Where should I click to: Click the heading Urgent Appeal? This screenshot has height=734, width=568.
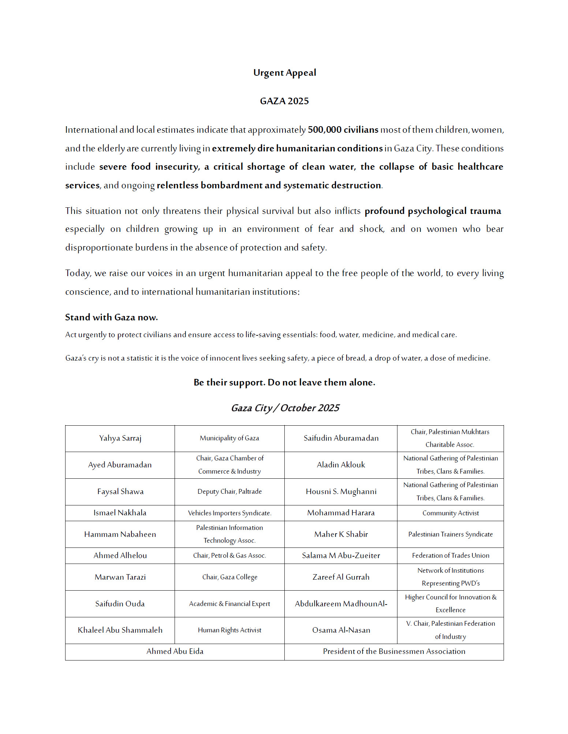[284, 73]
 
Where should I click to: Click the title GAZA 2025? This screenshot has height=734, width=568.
[284, 101]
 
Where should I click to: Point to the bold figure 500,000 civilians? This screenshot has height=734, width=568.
[343, 130]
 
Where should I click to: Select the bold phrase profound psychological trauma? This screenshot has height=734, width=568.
[433, 211]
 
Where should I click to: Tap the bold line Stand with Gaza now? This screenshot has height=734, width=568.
[111, 317]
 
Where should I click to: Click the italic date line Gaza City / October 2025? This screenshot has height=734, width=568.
[285, 408]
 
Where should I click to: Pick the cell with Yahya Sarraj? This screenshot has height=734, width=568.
[120, 438]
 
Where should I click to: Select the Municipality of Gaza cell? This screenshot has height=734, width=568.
[229, 438]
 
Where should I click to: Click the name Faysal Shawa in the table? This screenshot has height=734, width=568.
[120, 492]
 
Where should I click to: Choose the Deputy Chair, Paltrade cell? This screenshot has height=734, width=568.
[229, 492]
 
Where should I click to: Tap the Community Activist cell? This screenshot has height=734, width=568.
[451, 513]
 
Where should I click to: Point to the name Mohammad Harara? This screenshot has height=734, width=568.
[341, 513]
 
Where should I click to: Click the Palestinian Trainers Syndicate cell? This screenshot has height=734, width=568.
[451, 534]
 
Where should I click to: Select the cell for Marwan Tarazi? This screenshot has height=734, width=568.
[120, 577]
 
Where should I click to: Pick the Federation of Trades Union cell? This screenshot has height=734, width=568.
[451, 556]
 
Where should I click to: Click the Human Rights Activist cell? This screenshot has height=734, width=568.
[229, 630]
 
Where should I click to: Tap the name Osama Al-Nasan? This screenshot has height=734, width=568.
[341, 630]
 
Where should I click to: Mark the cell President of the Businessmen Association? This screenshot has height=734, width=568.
[394, 651]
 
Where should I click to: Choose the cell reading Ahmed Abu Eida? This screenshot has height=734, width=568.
[175, 651]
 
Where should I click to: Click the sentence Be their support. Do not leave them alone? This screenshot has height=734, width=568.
[284, 383]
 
